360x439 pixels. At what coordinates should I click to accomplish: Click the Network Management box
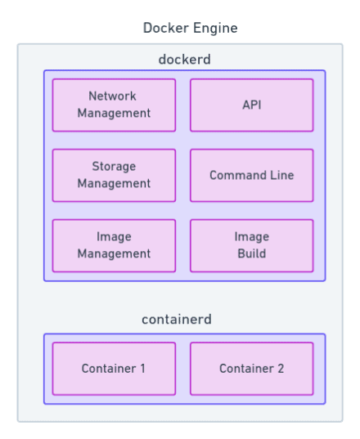pyautogui.click(x=114, y=105)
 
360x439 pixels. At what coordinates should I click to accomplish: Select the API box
pyautogui.click(x=251, y=105)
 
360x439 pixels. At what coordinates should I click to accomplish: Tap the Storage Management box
pyautogui.click(x=114, y=175)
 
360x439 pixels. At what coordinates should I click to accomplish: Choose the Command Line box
pyautogui.click(x=251, y=175)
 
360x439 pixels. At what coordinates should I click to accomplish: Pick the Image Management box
pyautogui.click(x=114, y=245)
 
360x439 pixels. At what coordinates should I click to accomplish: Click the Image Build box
pyautogui.click(x=251, y=245)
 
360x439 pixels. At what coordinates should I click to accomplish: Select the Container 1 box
pyautogui.click(x=114, y=369)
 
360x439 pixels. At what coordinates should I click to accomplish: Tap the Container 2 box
pyautogui.click(x=251, y=369)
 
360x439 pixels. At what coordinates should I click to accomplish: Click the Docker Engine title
pyautogui.click(x=190, y=28)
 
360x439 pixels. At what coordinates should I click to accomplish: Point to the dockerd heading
pyautogui.click(x=184, y=60)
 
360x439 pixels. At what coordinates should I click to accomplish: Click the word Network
pyautogui.click(x=113, y=96)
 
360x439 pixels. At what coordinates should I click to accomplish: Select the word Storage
pyautogui.click(x=114, y=167)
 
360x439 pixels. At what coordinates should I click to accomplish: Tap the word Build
pyautogui.click(x=251, y=253)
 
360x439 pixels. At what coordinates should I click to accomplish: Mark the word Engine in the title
pyautogui.click(x=215, y=29)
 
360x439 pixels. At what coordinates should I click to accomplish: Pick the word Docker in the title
pyautogui.click(x=166, y=28)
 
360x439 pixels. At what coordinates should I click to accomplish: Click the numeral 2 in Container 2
pyautogui.click(x=281, y=369)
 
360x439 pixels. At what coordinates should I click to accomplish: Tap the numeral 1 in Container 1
pyautogui.click(x=142, y=369)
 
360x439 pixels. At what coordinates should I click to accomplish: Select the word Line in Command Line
pyautogui.click(x=281, y=175)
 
